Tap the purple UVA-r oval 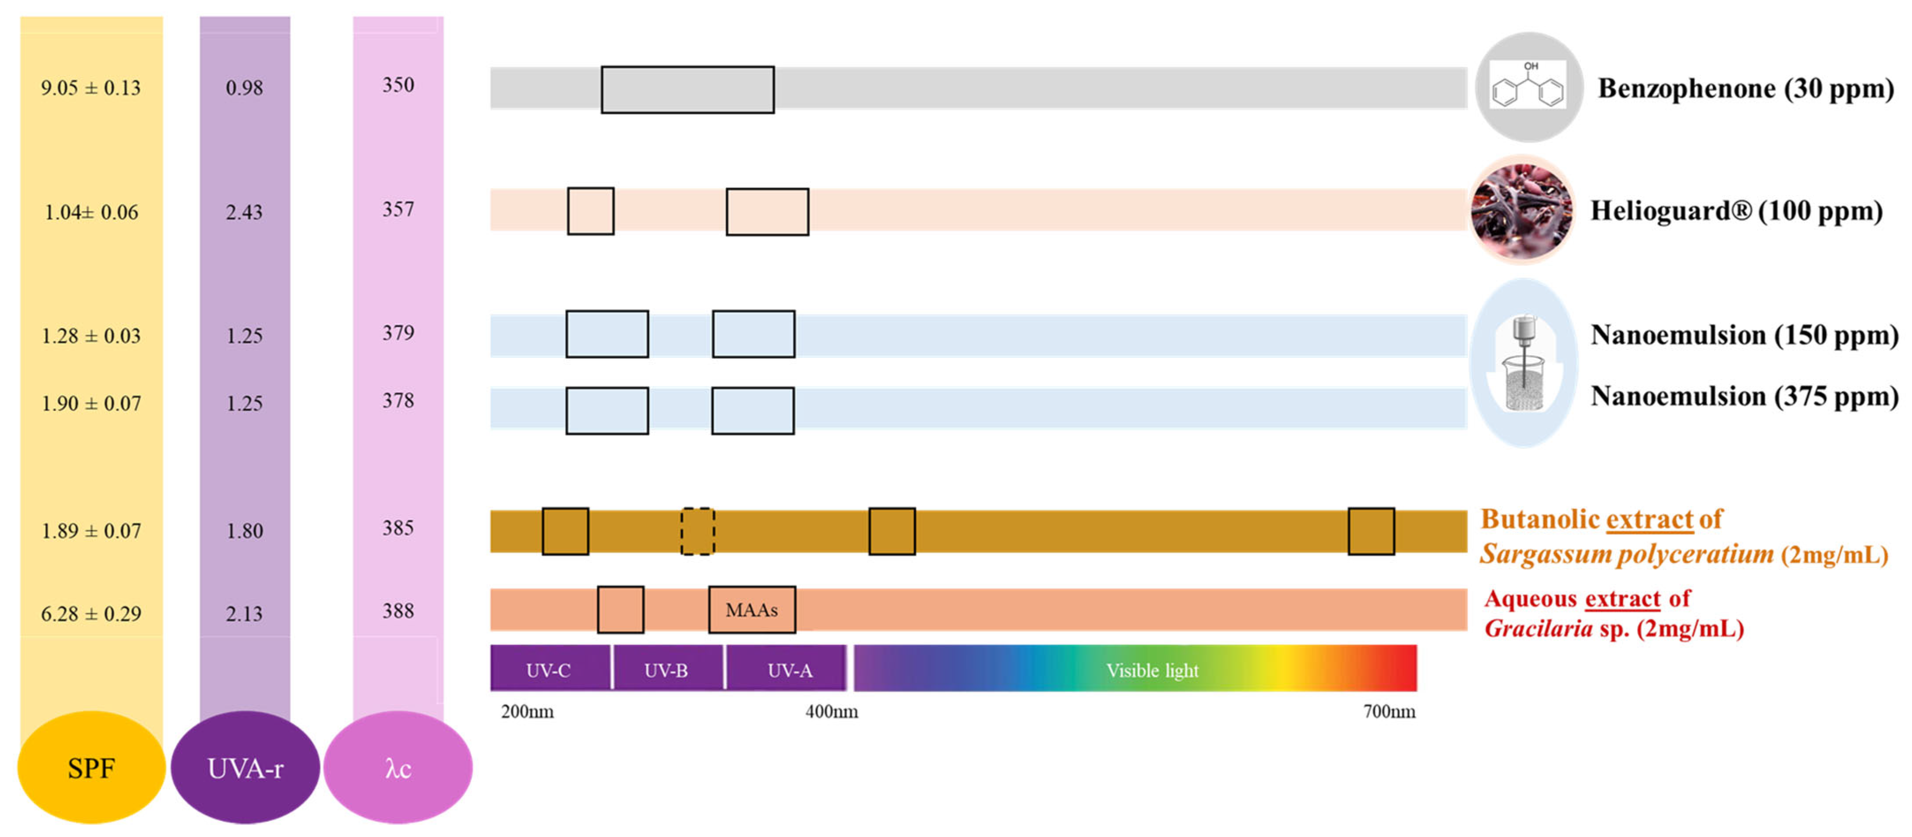pyautogui.click(x=245, y=767)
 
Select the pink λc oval pyautogui.click(x=398, y=767)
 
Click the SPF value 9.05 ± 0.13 pyautogui.click(x=91, y=87)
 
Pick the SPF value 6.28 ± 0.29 pyautogui.click(x=91, y=614)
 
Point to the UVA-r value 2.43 pyautogui.click(x=244, y=212)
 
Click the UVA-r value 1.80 pyautogui.click(x=244, y=531)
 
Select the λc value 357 pyautogui.click(x=398, y=209)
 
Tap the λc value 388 pyautogui.click(x=398, y=610)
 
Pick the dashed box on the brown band pyautogui.click(x=698, y=531)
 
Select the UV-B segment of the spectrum pyautogui.click(x=667, y=670)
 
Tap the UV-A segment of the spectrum pyautogui.click(x=789, y=670)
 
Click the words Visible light pyautogui.click(x=1152, y=670)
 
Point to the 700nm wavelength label pyautogui.click(x=1389, y=712)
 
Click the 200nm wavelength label pyautogui.click(x=527, y=712)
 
